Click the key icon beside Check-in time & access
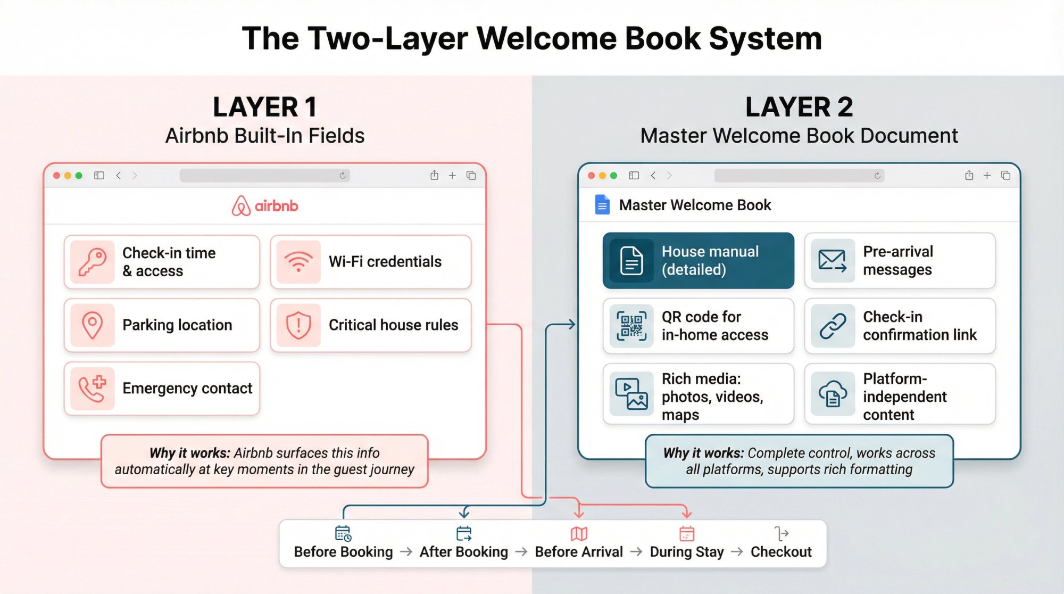click(92, 262)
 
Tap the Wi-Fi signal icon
click(298, 262)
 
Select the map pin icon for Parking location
click(92, 325)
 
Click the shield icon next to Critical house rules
click(298, 325)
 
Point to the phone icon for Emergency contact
click(92, 389)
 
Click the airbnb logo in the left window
click(265, 205)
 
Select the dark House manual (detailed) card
click(698, 261)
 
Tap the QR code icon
click(631, 326)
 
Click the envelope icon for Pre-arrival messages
click(833, 261)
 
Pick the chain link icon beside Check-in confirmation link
click(833, 326)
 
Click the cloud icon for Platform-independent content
click(833, 394)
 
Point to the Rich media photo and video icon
click(631, 394)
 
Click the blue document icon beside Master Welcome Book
click(602, 205)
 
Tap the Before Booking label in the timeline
click(343, 552)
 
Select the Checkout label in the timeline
click(781, 552)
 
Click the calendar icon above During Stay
click(687, 533)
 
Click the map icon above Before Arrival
click(579, 533)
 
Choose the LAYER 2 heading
click(799, 107)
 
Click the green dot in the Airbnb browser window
click(79, 176)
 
